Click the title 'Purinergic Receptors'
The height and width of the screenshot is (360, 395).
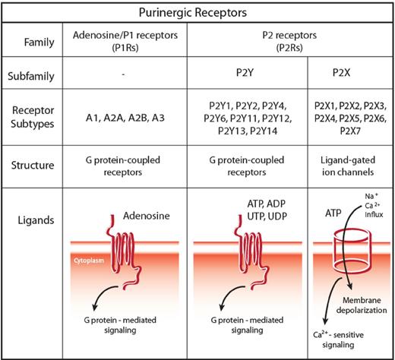pyautogui.click(x=197, y=13)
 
